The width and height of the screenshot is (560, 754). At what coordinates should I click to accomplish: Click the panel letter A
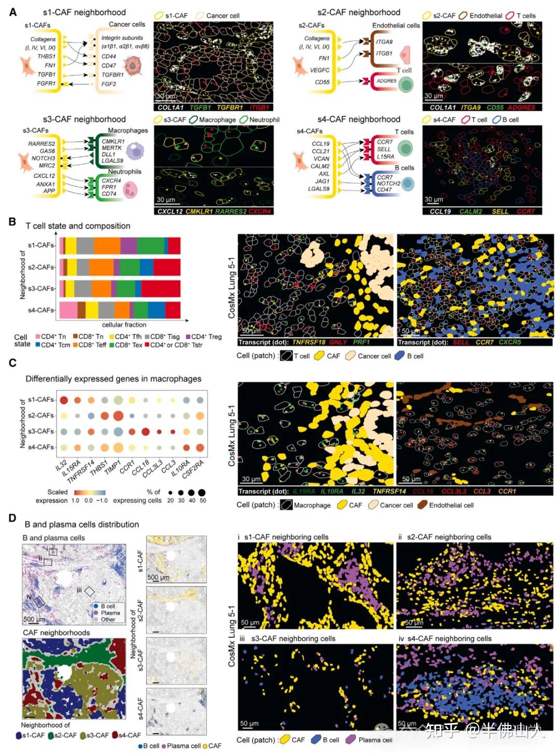(13, 12)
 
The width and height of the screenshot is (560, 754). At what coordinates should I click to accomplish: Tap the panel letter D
(12, 518)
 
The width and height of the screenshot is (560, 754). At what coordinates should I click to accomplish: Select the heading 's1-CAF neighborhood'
(84, 12)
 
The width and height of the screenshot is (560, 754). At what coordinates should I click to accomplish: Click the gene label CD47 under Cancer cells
(109, 66)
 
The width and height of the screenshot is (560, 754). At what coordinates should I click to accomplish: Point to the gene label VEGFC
(320, 70)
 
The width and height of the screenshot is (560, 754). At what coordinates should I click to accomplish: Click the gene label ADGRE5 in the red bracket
(386, 81)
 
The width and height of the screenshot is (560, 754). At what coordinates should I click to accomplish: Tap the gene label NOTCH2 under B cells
(388, 183)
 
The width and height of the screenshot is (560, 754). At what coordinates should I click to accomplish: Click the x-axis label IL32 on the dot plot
(61, 465)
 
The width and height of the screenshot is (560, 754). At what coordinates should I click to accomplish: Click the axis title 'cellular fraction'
(124, 325)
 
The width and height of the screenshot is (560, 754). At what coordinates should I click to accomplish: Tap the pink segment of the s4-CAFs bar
(68, 310)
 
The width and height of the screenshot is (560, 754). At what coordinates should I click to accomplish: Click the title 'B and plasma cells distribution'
(82, 524)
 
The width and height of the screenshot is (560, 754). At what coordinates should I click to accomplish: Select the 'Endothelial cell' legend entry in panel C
(451, 505)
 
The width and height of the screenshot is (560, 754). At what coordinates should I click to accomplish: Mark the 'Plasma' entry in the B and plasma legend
(110, 612)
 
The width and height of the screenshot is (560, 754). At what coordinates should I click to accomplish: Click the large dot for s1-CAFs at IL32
(64, 400)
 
